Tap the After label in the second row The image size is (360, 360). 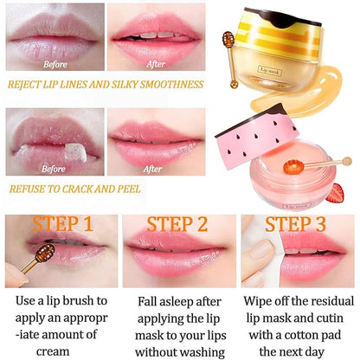click(151, 170)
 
